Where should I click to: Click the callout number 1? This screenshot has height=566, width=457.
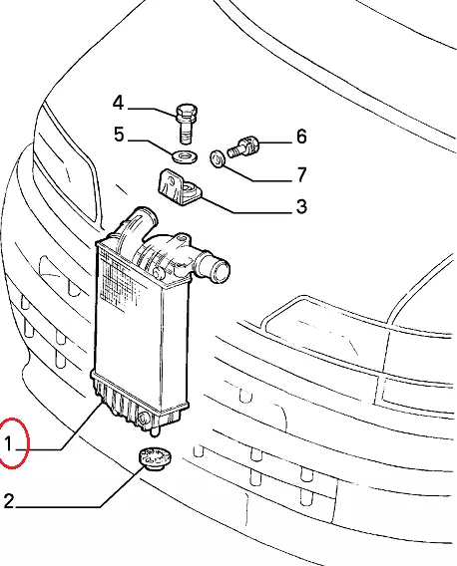[x=8, y=442]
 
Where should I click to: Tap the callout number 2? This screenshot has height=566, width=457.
[x=9, y=500]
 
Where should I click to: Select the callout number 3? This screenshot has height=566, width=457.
[x=301, y=206]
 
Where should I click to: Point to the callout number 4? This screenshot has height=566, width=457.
[x=118, y=103]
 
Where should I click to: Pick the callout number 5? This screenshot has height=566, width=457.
[x=119, y=135]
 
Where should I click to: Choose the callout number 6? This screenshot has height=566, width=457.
[x=301, y=137]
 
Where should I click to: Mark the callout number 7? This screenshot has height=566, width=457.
[x=301, y=174]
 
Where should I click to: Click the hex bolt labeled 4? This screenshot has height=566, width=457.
[x=187, y=124]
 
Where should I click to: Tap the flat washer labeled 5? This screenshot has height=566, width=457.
[x=185, y=156]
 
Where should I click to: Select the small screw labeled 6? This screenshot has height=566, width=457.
[x=243, y=146]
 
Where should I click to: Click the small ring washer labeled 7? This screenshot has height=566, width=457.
[x=218, y=159]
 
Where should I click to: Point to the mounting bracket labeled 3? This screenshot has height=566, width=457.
[x=180, y=187]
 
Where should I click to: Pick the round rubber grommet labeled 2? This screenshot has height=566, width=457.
[x=156, y=458]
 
